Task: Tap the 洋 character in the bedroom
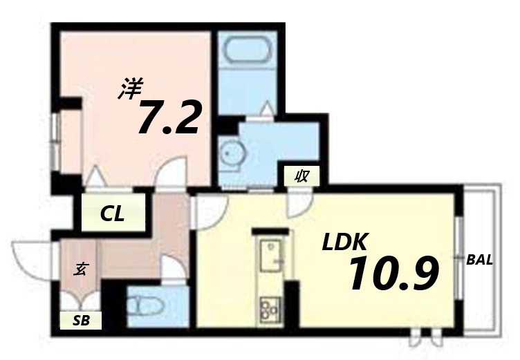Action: pos(129,88)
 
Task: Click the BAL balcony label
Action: pos(479,260)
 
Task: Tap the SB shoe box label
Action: pos(82,320)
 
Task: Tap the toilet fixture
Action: pos(146,304)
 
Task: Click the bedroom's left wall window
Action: pos(56,141)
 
